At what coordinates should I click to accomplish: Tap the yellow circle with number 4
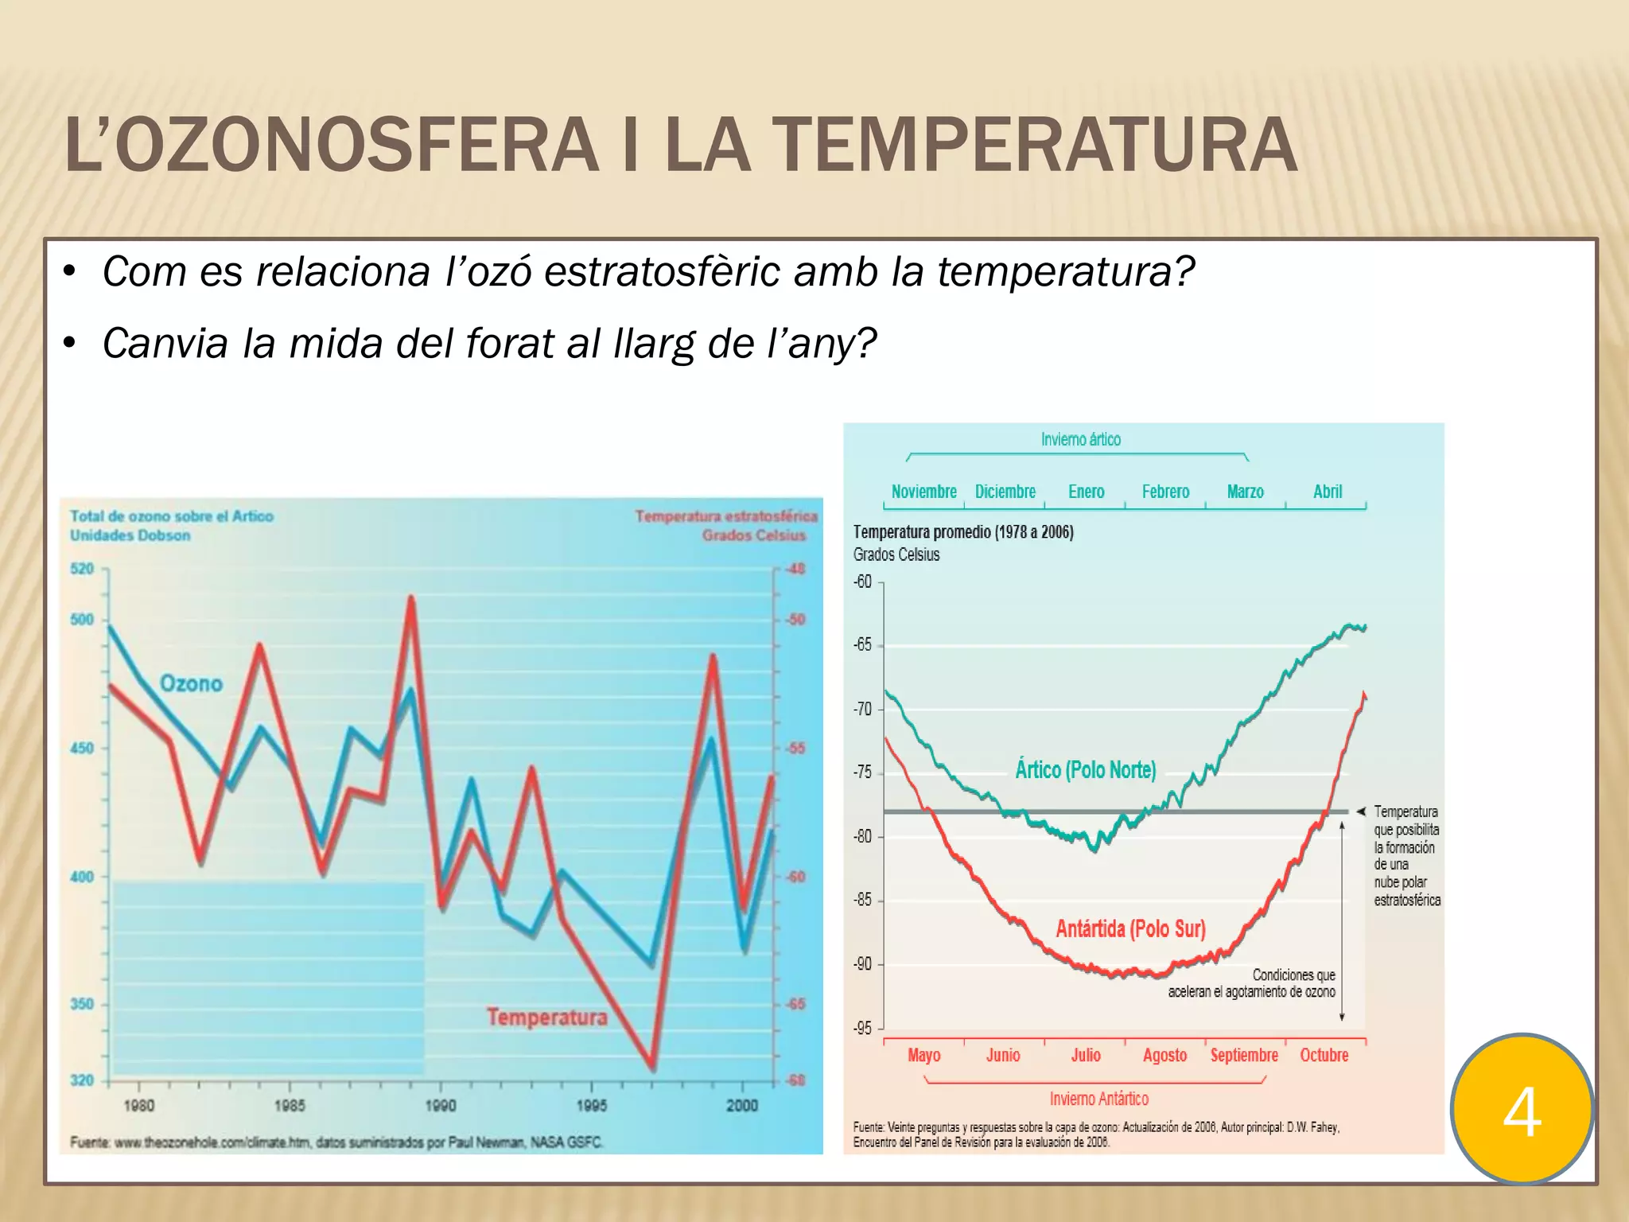tap(1522, 1109)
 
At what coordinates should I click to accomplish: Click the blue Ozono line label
tap(191, 683)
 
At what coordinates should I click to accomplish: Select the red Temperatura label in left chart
tap(546, 1017)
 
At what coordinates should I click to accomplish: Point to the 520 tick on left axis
tap(82, 569)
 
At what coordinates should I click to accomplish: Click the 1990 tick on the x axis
tap(441, 1105)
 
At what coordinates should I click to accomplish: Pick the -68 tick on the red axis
tap(795, 1080)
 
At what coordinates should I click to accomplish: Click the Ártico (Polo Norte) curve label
tap(1085, 770)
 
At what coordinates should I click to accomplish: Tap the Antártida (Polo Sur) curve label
tap(1130, 928)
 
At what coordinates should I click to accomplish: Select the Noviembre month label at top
tap(923, 492)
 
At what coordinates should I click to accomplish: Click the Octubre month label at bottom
tap(1324, 1056)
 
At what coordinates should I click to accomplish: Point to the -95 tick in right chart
tap(863, 1029)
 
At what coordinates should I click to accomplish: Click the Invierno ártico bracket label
tap(1080, 439)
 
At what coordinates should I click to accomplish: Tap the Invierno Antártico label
tap(1098, 1099)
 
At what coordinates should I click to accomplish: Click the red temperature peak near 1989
tap(411, 598)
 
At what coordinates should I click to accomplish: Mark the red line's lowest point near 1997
tap(652, 1066)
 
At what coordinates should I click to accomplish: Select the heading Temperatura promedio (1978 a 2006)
tap(963, 532)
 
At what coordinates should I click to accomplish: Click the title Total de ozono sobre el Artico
tap(172, 516)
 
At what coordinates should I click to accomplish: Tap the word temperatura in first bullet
tap(1065, 272)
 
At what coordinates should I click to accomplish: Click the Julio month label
tap(1085, 1056)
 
